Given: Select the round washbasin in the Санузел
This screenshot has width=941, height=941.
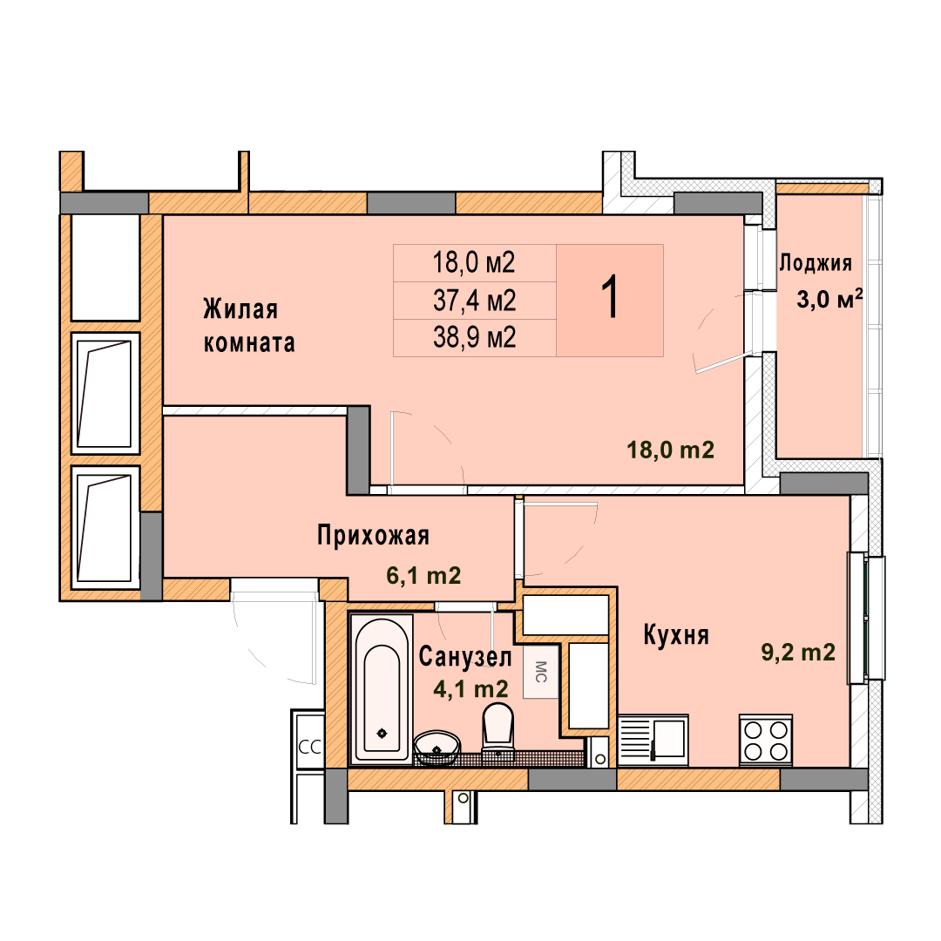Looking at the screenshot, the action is click(437, 748).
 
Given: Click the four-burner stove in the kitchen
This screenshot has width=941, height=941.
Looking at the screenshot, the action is click(766, 740).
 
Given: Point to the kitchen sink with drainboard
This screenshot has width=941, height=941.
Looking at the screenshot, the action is click(653, 740).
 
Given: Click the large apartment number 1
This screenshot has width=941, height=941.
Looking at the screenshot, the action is click(610, 298).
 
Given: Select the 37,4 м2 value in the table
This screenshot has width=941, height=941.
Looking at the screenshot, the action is click(474, 301).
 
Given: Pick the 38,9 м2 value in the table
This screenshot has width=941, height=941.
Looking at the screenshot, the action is click(474, 338).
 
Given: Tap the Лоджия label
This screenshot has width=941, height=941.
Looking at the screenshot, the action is click(815, 263).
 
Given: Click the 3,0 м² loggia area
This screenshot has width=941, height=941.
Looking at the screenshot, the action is click(829, 298).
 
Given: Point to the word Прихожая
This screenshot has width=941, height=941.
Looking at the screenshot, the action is click(373, 535).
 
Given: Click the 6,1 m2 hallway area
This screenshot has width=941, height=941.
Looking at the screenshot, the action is click(423, 576).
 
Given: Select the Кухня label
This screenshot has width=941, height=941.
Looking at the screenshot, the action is click(676, 635).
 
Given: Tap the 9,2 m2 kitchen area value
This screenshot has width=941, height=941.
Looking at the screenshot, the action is click(798, 652).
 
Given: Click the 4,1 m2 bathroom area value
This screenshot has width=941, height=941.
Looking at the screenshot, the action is click(471, 689).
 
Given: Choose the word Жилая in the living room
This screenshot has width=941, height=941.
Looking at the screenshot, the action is click(240, 309).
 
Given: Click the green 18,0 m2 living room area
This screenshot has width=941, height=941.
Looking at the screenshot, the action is click(670, 450).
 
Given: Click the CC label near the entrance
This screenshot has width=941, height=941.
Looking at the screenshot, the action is click(309, 748).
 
